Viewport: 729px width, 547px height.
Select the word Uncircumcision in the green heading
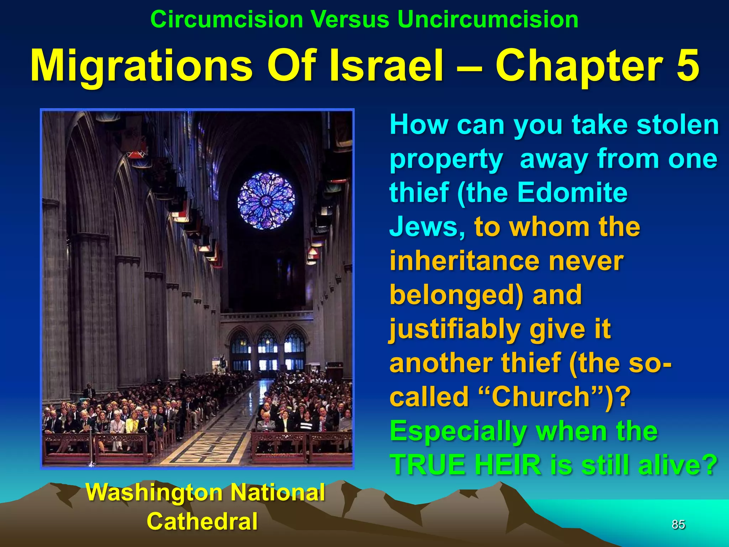pos(488,19)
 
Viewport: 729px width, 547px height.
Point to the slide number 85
pos(678,524)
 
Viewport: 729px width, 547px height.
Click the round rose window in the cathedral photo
pos(266,200)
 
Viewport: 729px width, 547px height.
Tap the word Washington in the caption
pos(153,493)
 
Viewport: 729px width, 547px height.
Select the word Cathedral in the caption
pos(202,521)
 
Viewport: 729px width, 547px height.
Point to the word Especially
pos(458,431)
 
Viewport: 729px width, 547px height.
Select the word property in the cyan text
pos(446,159)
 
